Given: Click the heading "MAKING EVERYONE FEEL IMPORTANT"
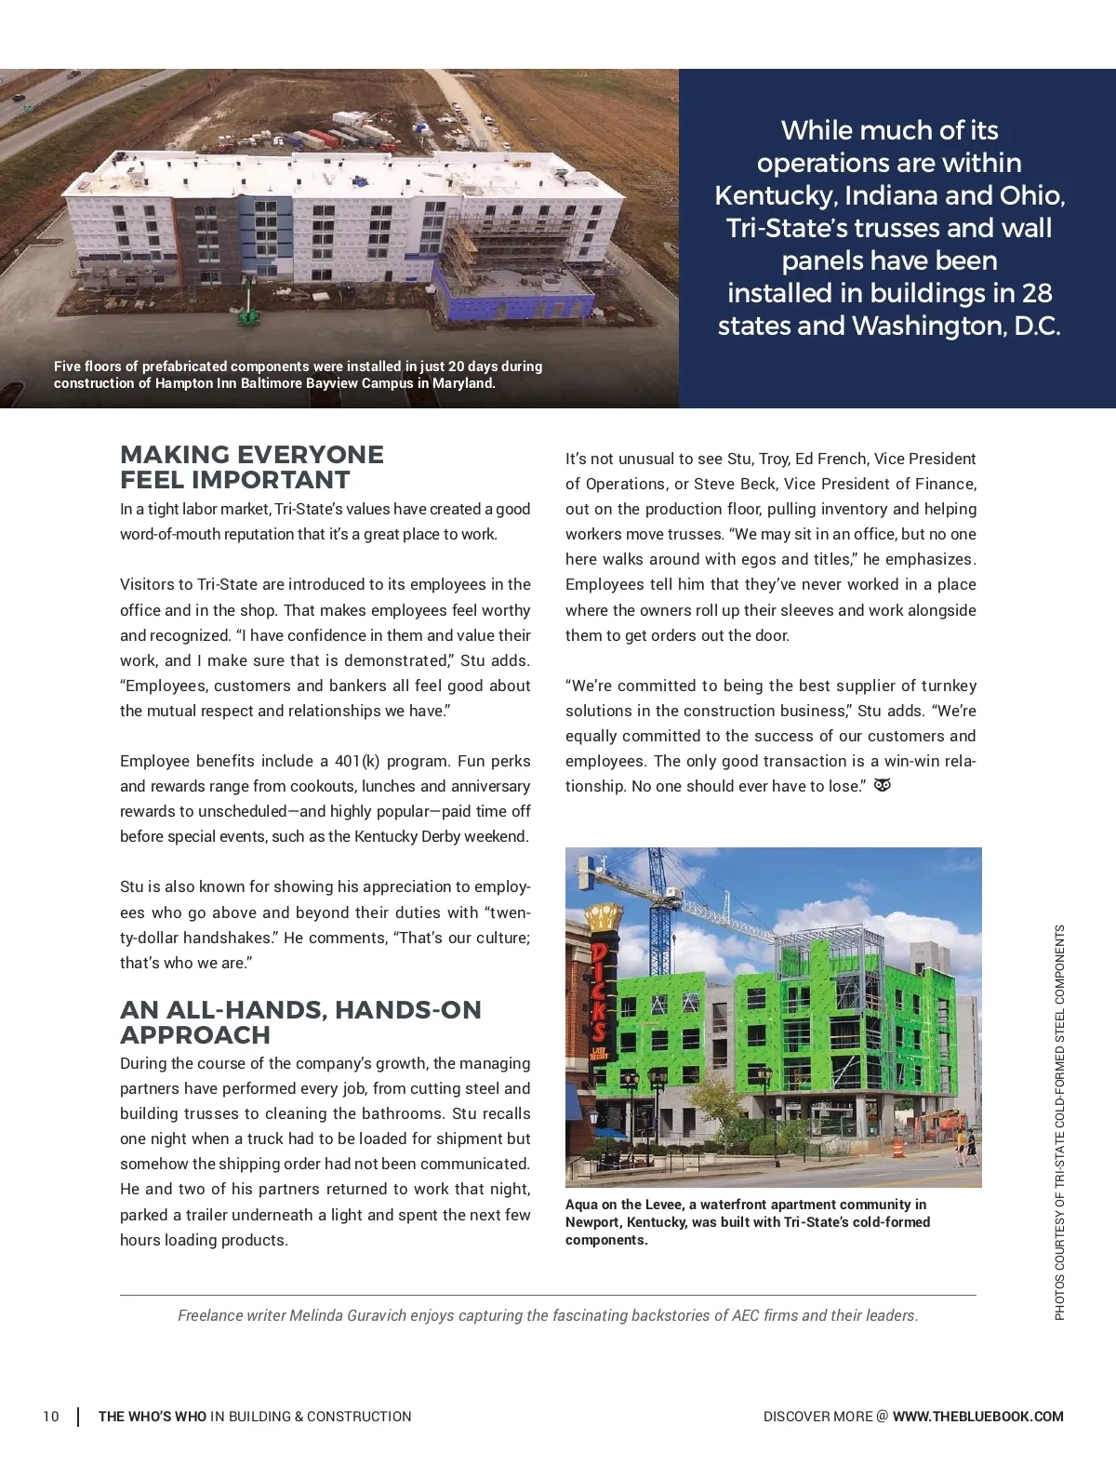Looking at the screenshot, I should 252,467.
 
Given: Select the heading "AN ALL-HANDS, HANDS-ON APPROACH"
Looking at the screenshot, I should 300,1022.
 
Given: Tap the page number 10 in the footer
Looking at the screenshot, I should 51,1417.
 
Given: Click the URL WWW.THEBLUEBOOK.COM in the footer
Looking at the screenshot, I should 977,1417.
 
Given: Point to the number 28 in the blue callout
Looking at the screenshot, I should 1036,293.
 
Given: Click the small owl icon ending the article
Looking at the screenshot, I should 883,785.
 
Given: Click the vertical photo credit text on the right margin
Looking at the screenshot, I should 1060,1121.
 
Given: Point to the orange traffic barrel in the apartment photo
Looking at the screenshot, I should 897,1148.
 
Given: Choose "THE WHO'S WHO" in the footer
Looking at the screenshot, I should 153,1417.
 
